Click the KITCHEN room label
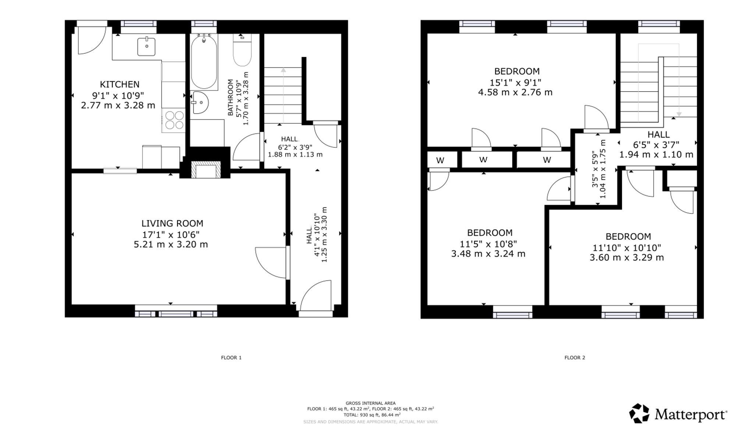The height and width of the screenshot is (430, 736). pos(120,85)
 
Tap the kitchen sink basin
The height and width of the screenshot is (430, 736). pos(146,46)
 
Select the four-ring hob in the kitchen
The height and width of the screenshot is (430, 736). pos(175,120)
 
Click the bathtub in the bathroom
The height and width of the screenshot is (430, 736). pos(204,61)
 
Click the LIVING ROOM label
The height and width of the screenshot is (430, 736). pos(172,223)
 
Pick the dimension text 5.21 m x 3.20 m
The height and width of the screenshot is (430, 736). pos(171,244)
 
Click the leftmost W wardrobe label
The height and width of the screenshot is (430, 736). pos(440,160)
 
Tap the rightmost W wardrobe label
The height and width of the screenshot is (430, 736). pos(547,160)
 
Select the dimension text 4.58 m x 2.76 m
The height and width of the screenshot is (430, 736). pos(515,92)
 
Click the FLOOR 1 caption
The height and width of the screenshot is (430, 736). pos(231,358)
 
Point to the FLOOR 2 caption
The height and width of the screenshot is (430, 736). pos(575,358)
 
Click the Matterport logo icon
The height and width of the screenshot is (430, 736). pos(640,413)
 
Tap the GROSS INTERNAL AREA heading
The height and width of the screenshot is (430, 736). pos(371,403)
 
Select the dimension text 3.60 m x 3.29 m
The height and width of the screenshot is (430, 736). pos(627,257)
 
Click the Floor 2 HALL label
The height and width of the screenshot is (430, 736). pos(658,135)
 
